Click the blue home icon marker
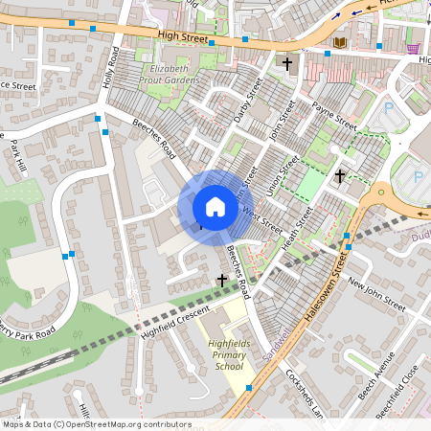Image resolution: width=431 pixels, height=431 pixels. tap(215, 207)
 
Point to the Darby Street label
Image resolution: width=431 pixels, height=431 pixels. tap(248, 102)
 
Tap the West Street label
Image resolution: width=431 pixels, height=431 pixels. tap(263, 219)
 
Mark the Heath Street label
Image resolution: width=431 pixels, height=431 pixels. tap(299, 227)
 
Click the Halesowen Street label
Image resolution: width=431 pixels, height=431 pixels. tap(322, 298)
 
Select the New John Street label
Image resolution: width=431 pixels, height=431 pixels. tap(377, 293)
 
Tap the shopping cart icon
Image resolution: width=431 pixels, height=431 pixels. tap(413, 48)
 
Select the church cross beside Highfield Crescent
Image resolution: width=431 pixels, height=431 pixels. tap(222, 280)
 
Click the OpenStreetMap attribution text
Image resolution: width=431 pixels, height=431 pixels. tap(96, 423)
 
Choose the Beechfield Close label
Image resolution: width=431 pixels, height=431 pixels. tap(400, 387)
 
